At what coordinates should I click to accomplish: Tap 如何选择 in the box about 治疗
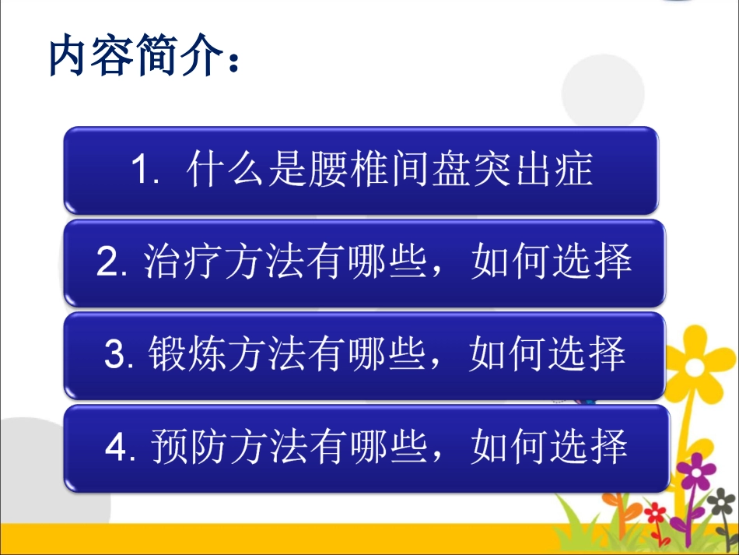[550, 263]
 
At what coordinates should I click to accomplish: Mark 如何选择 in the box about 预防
[550, 448]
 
